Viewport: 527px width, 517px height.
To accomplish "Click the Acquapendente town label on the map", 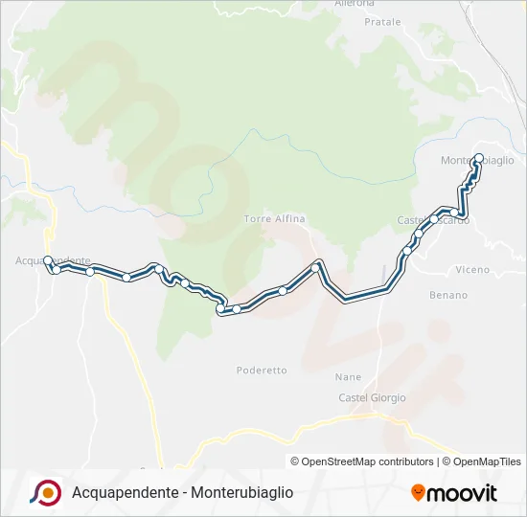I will pyautogui.click(x=54, y=259).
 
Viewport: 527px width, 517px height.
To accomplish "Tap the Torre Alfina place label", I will pyautogui.click(x=274, y=218).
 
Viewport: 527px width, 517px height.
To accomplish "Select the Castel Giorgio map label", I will pyautogui.click(x=372, y=397).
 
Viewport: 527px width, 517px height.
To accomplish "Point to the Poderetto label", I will pyautogui.click(x=262, y=370).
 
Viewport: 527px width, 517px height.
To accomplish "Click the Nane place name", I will pyautogui.click(x=349, y=376).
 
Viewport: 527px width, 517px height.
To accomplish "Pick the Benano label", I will pyautogui.click(x=448, y=295).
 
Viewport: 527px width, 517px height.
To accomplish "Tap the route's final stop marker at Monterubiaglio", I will pyautogui.click(x=478, y=159).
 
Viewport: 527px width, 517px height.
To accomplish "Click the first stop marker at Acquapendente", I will pyautogui.click(x=48, y=259).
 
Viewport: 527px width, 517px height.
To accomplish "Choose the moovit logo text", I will pyautogui.click(x=462, y=493).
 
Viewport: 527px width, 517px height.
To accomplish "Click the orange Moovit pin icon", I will pyautogui.click(x=419, y=493).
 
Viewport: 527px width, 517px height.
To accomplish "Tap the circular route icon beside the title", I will pyautogui.click(x=46, y=492).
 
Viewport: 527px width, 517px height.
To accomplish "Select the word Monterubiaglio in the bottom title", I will pyautogui.click(x=242, y=493).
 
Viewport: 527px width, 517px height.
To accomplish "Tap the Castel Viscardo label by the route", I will pyautogui.click(x=433, y=220).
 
